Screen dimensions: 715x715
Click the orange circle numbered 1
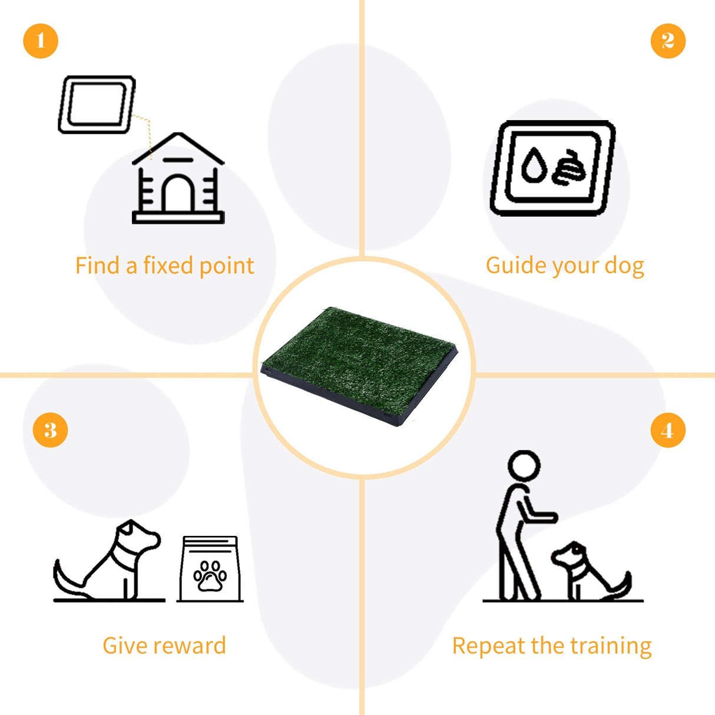(41, 41)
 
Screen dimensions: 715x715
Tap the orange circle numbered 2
(668, 41)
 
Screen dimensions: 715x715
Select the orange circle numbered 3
(50, 430)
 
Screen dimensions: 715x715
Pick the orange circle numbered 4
(668, 430)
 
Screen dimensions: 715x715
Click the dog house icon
(178, 180)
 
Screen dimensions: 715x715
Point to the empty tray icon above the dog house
(97, 104)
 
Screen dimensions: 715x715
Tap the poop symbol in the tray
(570, 167)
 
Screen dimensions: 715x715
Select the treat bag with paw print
(210, 570)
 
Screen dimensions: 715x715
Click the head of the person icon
(524, 466)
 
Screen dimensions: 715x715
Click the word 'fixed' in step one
(168, 266)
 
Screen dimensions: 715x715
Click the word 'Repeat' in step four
(488, 646)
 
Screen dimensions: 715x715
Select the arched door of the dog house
(178, 194)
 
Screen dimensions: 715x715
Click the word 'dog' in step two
(624, 266)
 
